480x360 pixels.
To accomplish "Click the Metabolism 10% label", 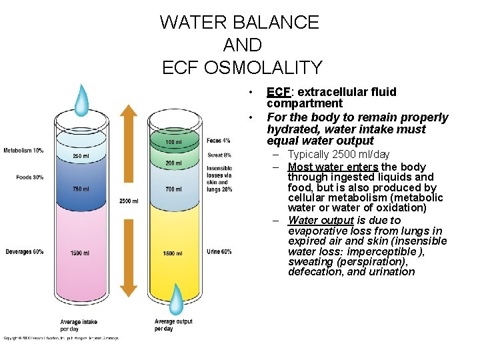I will (x=24, y=151).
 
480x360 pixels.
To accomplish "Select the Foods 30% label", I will (x=30, y=177).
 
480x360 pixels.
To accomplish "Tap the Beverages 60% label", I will (x=25, y=251).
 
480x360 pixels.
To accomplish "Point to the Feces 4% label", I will (x=219, y=141).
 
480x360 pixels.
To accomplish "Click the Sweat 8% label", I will (x=219, y=155).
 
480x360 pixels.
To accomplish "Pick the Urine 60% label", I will (x=219, y=251).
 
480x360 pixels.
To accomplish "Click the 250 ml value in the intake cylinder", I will (x=81, y=157).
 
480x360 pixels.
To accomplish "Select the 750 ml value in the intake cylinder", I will (x=81, y=189).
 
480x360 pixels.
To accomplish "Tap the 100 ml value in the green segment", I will (x=173, y=142).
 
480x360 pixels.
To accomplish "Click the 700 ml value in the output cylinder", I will (x=173, y=189).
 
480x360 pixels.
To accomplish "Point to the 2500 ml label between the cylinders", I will (x=129, y=201).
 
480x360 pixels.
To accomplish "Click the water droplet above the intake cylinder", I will (x=81, y=100).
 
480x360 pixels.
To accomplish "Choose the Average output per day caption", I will (x=173, y=325).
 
